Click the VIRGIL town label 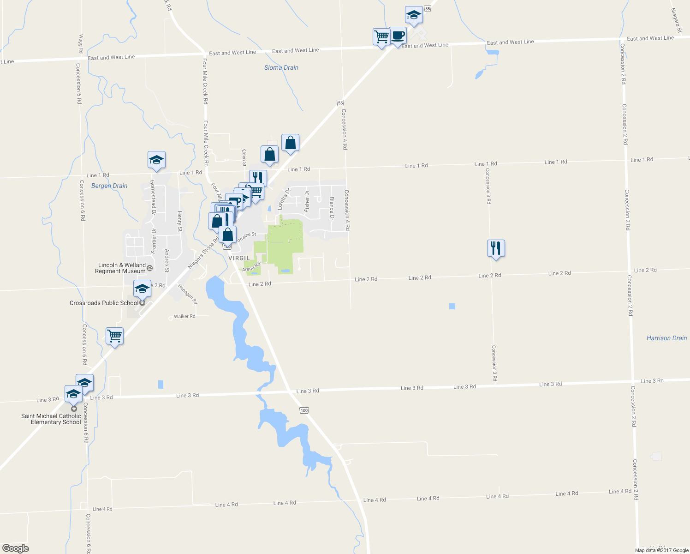(x=239, y=258)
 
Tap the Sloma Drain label (x=281, y=67)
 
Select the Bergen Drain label (x=109, y=186)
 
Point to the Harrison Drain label (x=666, y=338)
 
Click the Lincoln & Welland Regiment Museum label (x=121, y=268)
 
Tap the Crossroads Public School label (x=104, y=303)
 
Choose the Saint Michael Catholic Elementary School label (x=51, y=419)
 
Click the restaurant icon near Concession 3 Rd (x=496, y=248)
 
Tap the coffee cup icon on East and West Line (x=398, y=36)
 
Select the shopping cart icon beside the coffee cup (x=381, y=37)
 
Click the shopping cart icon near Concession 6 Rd (x=114, y=336)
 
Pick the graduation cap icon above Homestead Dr (x=156, y=160)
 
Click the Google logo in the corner (x=16, y=548)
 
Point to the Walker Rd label (x=184, y=316)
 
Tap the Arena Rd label (x=251, y=267)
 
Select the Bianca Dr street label (x=331, y=208)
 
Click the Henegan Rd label (x=188, y=294)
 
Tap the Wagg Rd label (x=81, y=44)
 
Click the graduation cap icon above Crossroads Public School (x=142, y=289)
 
